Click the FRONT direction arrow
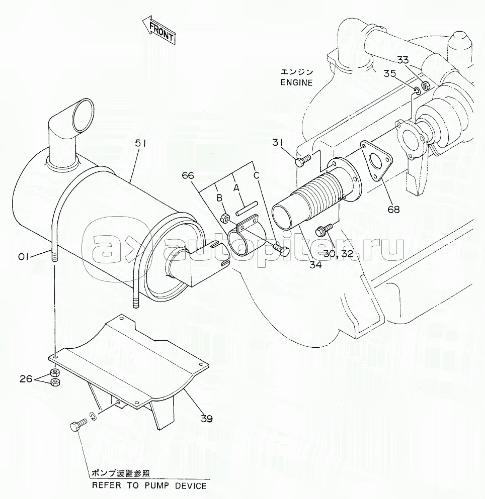point(158,32)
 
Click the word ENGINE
point(296,83)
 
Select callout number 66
point(188,175)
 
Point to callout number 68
point(393,210)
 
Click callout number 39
point(206,419)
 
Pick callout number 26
point(27,379)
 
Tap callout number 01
point(24,256)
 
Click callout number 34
point(315,264)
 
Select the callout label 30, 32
point(339,254)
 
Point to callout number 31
point(277,143)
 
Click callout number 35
point(389,74)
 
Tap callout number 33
point(403,60)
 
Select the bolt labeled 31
point(302,160)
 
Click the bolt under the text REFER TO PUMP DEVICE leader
point(77,425)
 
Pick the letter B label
point(219,198)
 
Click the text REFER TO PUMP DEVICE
point(149,485)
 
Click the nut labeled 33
point(425,85)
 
